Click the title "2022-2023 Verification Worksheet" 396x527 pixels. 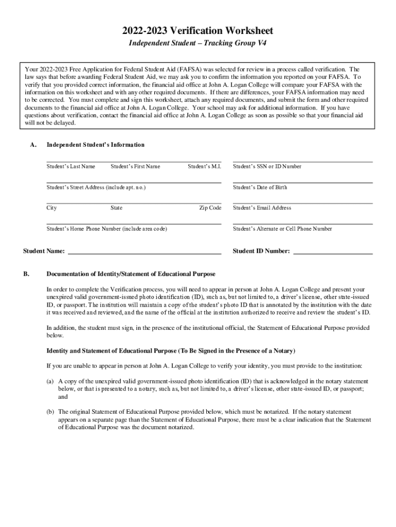pyautogui.click(x=198, y=31)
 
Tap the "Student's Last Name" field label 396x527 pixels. pyautogui.click(x=70, y=166)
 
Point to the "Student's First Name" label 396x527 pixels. pyautogui.click(x=135, y=166)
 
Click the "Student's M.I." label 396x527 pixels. pyautogui.click(x=204, y=166)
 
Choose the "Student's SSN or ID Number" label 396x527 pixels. pyautogui.click(x=267, y=166)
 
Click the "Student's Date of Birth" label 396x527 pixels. pyautogui.click(x=260, y=187)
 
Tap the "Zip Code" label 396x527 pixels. pyautogui.click(x=210, y=208)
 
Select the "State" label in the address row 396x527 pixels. pyautogui.click(x=116, y=208)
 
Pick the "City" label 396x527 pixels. pyautogui.click(x=51, y=208)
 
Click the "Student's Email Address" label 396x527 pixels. pyautogui.click(x=262, y=208)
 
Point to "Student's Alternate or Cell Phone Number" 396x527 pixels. pyautogui.click(x=282, y=229)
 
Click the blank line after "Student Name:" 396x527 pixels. pyautogui.click(x=145, y=252)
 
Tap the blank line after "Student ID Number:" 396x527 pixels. pyautogui.click(x=332, y=252)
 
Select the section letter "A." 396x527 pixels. pyautogui.click(x=33, y=145)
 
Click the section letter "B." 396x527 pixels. pyautogui.click(x=26, y=274)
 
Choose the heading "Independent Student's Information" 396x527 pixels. pyautogui.click(x=95, y=145)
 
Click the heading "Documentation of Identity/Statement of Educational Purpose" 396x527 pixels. pyautogui.click(x=131, y=274)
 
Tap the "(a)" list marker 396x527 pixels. pyautogui.click(x=50, y=381)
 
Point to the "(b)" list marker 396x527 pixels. pyautogui.click(x=50, y=412)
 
